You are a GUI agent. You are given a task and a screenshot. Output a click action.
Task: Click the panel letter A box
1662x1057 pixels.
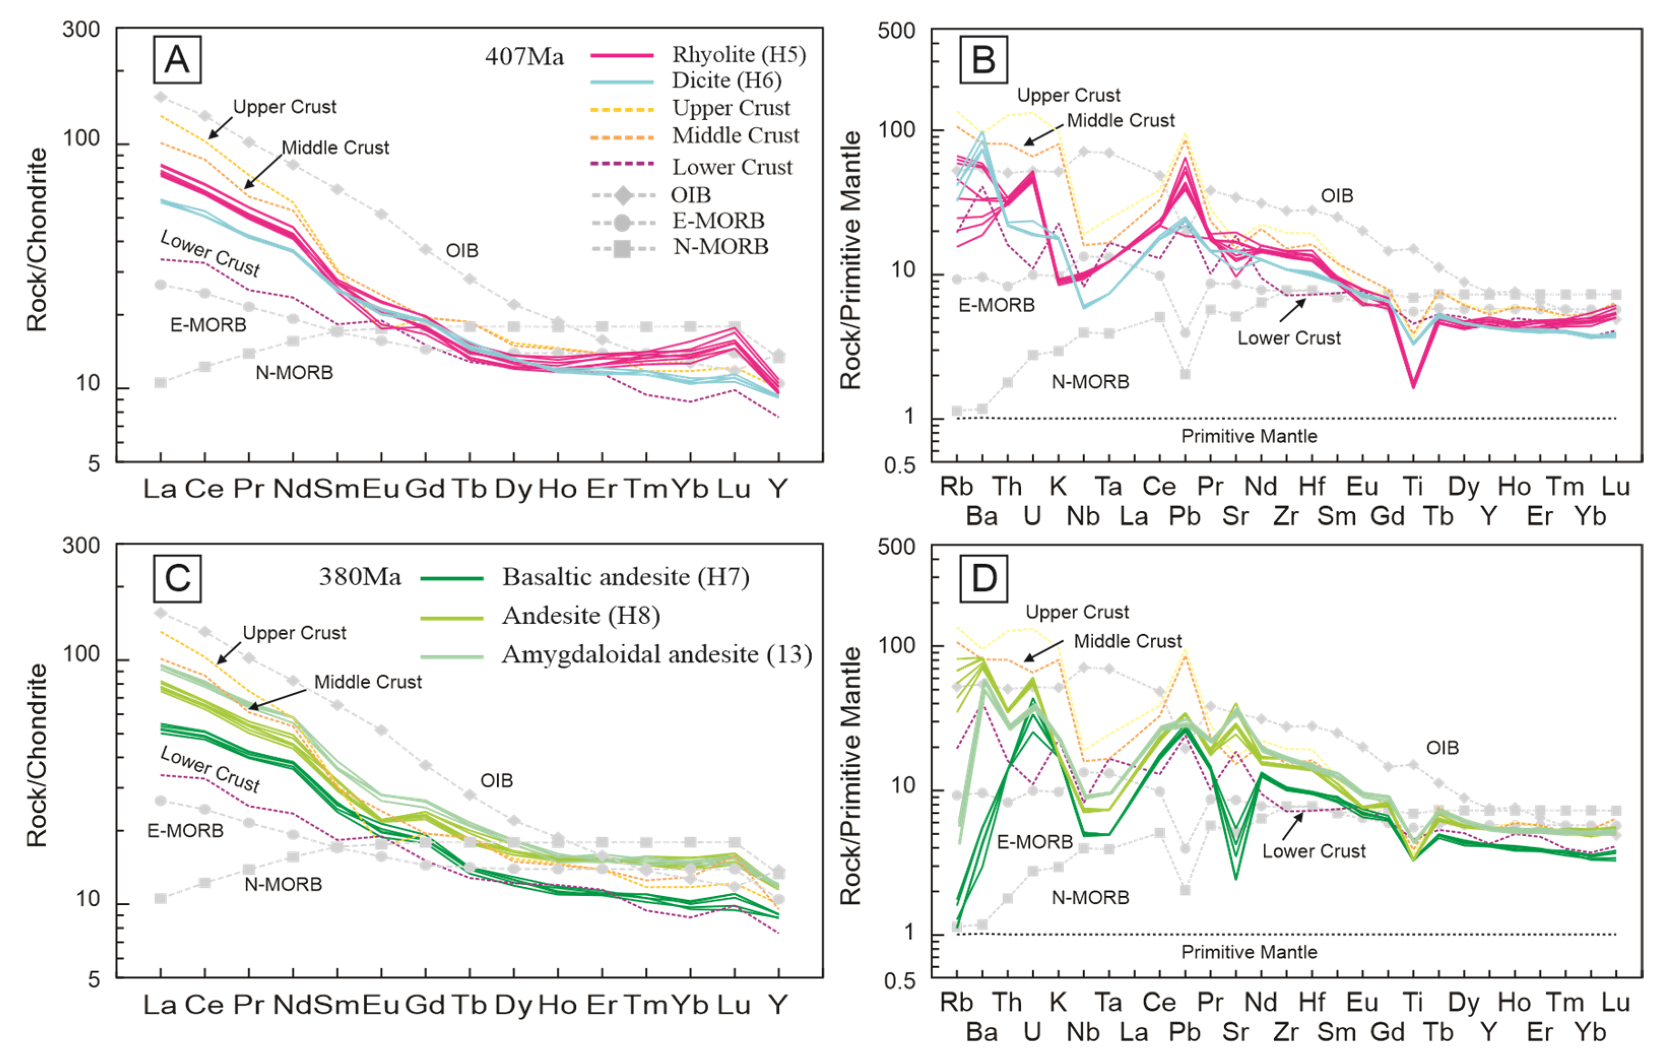coord(177,59)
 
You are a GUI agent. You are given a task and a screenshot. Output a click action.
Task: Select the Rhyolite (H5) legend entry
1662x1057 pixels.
coord(738,54)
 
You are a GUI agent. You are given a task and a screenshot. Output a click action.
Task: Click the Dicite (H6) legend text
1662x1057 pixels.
coord(726,81)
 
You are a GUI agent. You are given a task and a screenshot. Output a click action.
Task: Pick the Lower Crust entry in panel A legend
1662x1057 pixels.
coord(732,167)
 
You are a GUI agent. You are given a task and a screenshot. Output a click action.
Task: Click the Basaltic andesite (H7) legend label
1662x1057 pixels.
coord(625,577)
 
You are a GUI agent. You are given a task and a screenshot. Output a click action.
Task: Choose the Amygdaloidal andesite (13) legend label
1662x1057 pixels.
coord(657,654)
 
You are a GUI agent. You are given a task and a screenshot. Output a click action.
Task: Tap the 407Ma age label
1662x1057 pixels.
coord(524,56)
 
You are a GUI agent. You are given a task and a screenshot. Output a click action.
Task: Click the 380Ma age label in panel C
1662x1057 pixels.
coord(360,577)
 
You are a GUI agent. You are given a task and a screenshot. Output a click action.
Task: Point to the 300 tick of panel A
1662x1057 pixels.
coord(81,29)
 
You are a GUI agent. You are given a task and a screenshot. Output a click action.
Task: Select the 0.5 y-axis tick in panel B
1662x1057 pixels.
coord(899,465)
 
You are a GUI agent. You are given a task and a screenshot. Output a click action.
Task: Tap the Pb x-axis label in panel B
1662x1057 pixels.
coord(1184,516)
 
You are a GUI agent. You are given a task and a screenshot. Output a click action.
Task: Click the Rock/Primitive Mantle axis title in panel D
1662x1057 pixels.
coord(851,776)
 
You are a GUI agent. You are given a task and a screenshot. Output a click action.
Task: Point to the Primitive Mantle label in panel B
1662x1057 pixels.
coord(1249,436)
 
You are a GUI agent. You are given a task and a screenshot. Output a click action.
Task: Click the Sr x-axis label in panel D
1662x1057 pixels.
coord(1235,1032)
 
